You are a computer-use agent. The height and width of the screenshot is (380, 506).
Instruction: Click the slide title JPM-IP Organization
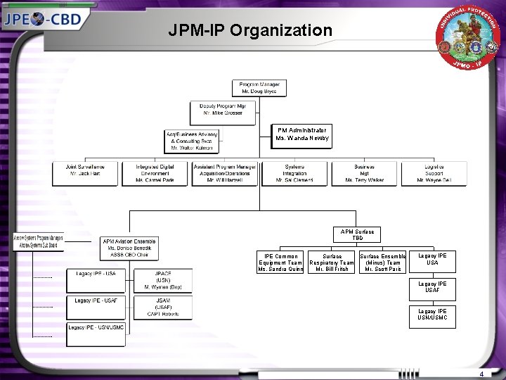point(250,30)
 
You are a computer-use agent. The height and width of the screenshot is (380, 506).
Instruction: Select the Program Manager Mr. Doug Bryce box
point(259,88)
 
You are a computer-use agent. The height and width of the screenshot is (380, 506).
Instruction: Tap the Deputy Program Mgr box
point(222,110)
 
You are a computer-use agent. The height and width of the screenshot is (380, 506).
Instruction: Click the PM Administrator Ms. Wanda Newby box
point(301,134)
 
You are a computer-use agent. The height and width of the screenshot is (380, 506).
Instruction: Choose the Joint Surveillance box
point(84,174)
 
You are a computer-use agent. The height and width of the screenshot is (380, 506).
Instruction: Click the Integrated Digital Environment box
point(154,174)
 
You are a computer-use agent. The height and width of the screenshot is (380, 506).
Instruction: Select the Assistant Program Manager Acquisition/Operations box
point(225,174)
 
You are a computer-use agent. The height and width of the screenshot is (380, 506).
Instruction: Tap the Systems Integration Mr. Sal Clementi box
point(294,174)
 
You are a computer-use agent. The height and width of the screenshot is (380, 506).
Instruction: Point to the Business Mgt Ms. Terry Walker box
point(364,174)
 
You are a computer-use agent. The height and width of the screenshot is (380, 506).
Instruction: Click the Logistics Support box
point(434,174)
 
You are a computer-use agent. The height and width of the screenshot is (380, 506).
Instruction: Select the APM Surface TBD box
point(358,235)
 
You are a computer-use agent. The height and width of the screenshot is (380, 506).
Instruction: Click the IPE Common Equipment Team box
point(280,262)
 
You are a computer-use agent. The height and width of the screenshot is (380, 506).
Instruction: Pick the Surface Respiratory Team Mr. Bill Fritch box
point(332,262)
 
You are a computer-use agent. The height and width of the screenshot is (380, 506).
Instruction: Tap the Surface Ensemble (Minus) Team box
point(383,262)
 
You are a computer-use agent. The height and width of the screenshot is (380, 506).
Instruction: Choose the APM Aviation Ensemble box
point(130,248)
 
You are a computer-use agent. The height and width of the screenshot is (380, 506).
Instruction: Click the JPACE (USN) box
point(163,280)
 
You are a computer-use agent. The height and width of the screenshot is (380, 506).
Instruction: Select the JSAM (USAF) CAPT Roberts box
point(163,308)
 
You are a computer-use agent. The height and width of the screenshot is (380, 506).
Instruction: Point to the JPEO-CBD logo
point(44,18)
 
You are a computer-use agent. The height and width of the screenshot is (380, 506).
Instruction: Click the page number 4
point(481,374)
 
